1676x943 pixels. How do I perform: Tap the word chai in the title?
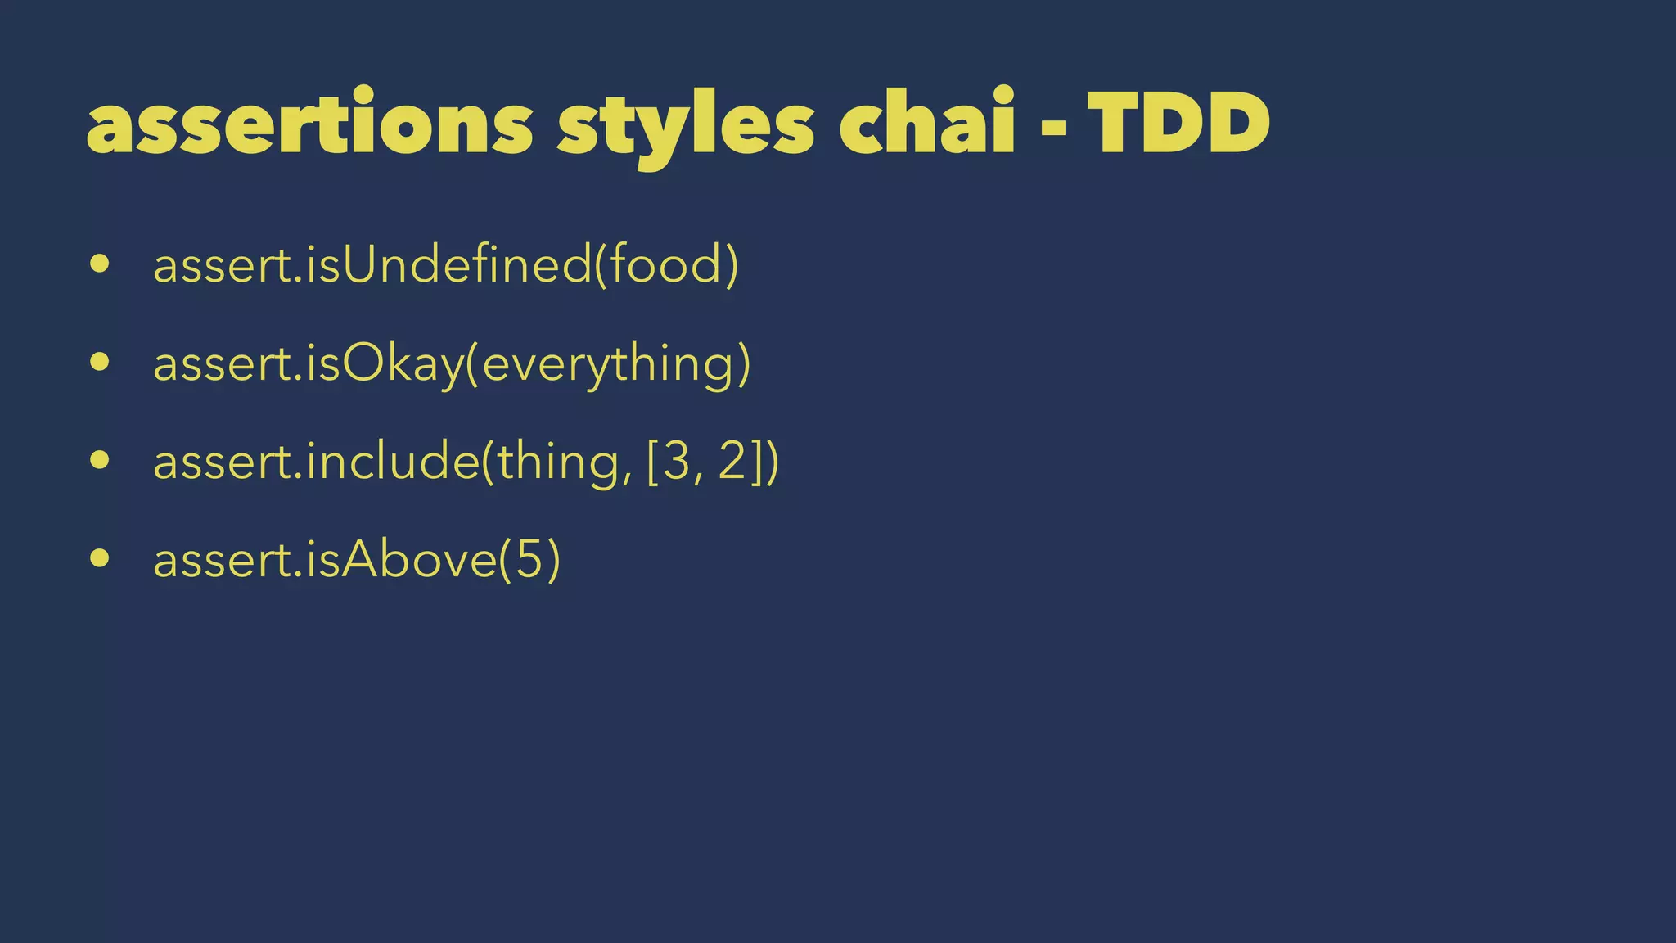(x=926, y=123)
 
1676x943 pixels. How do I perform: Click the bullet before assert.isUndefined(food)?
(x=100, y=264)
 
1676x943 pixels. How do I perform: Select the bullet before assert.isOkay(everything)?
(x=100, y=362)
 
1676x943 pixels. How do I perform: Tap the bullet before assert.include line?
(x=100, y=460)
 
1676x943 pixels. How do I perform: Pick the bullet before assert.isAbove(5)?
(x=100, y=558)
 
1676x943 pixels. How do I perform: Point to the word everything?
(x=608, y=365)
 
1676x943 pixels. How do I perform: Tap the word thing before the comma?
(x=558, y=462)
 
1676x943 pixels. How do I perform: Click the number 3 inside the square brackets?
(x=676, y=462)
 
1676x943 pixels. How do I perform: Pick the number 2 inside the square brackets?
(x=733, y=462)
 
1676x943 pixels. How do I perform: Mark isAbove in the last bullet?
(x=401, y=560)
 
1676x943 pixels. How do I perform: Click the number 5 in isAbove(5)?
(x=529, y=560)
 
